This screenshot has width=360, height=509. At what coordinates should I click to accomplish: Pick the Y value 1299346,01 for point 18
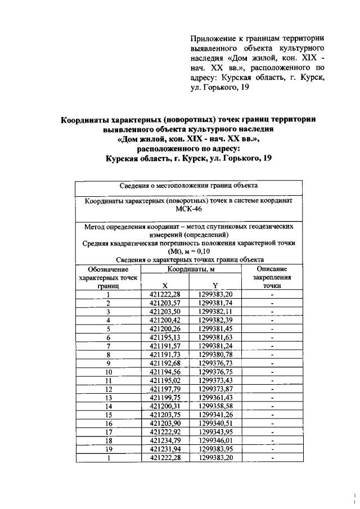pos(215,442)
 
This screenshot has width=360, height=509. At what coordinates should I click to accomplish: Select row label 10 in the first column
pos(109,372)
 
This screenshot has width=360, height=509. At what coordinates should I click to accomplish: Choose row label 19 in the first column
pos(109,450)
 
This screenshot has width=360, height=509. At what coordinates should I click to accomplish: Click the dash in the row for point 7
pos(272,346)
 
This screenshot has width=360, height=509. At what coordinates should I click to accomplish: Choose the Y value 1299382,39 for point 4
pos(215,320)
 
